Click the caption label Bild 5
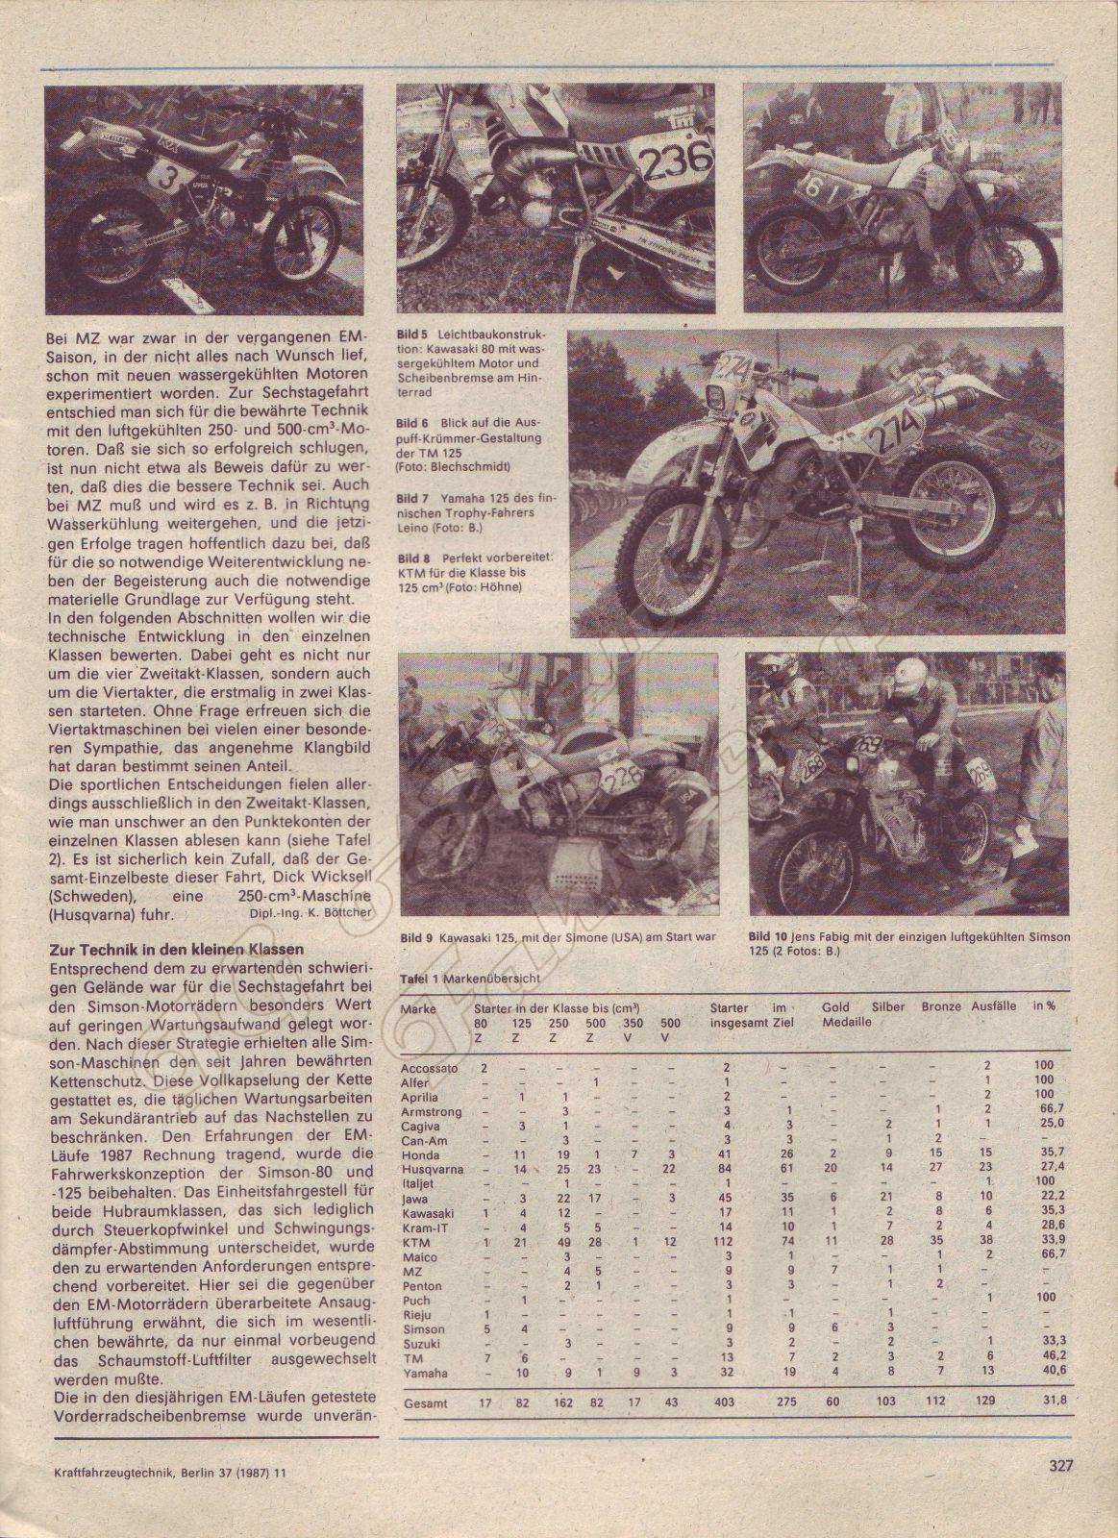tap(411, 335)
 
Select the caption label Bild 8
tap(411, 558)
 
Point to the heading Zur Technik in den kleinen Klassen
tap(177, 949)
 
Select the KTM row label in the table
tap(415, 1244)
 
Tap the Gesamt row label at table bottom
tap(427, 1402)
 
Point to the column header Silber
tap(888, 1008)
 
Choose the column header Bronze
tap(941, 1008)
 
